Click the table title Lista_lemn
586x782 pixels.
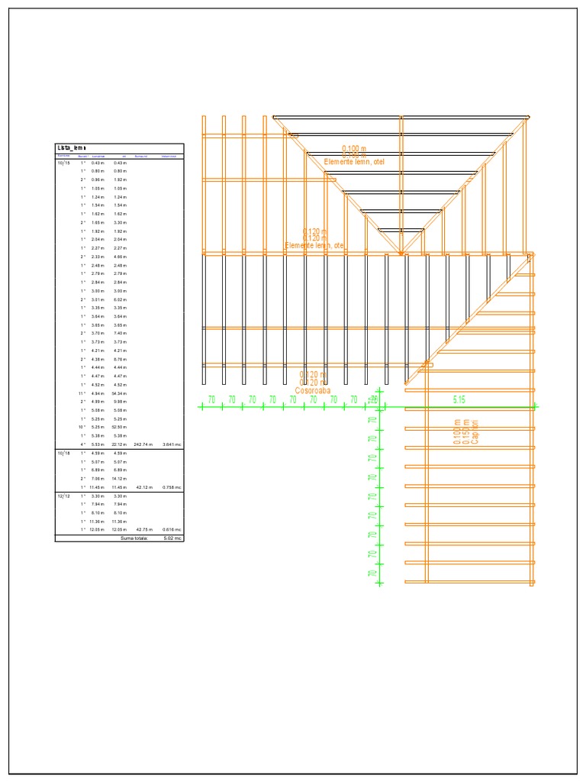point(72,148)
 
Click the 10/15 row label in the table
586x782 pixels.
point(63,163)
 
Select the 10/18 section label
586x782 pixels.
point(63,454)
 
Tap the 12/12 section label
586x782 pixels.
point(63,496)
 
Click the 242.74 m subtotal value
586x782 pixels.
point(143,444)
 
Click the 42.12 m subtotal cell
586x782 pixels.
point(145,487)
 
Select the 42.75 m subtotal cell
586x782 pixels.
point(145,529)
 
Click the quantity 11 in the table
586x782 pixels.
point(81,393)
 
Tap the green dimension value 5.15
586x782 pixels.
point(459,399)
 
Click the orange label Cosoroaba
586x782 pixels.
point(313,390)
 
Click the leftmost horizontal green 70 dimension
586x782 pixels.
point(211,399)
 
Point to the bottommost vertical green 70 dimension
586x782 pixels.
point(372,573)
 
